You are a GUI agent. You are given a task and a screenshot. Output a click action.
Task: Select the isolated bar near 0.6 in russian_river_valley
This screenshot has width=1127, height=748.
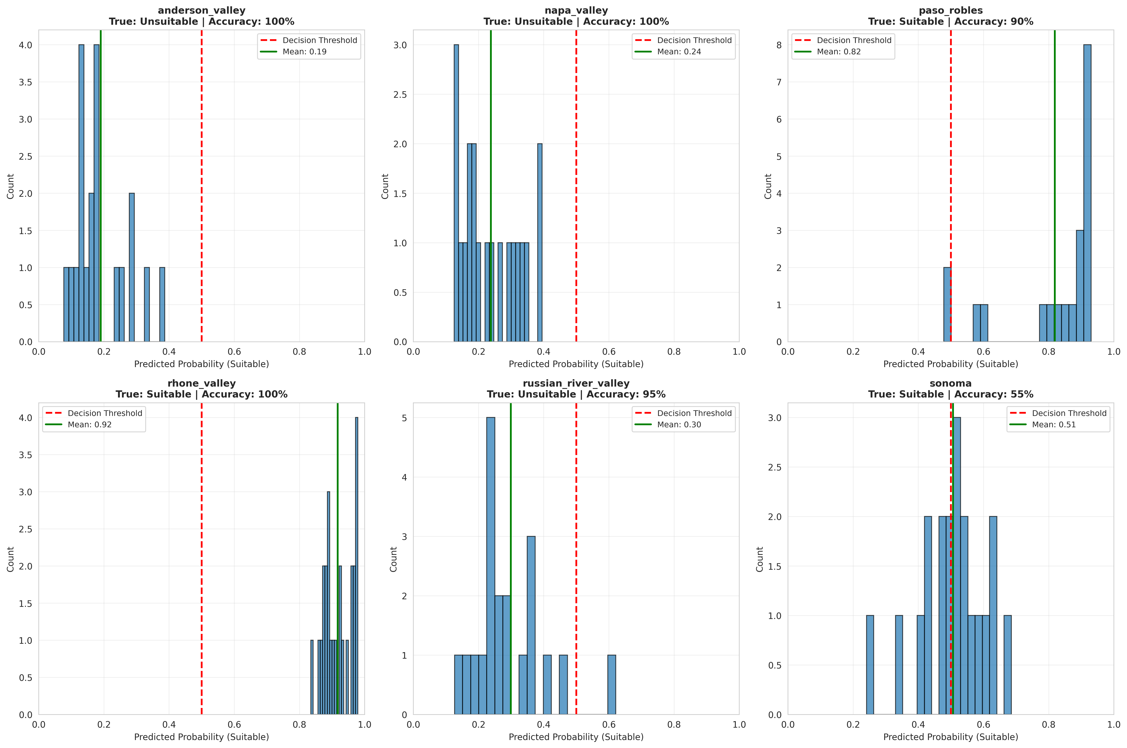click(x=612, y=685)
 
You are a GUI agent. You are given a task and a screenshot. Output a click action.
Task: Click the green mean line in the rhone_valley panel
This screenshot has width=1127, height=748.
click(x=337, y=525)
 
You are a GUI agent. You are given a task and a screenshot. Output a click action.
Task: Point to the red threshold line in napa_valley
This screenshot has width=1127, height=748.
click(x=576, y=191)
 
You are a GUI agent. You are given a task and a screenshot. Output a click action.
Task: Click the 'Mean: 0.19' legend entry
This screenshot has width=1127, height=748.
click(x=305, y=52)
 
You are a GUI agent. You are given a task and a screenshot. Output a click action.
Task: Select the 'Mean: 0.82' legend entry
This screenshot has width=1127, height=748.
click(x=839, y=52)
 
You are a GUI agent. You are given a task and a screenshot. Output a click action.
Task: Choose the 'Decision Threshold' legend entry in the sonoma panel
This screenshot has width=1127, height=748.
click(x=1069, y=413)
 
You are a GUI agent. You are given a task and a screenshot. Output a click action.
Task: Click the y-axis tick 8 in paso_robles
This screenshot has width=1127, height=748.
click(x=779, y=45)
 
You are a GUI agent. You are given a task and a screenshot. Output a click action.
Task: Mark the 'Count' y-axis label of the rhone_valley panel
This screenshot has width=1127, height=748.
click(x=10, y=559)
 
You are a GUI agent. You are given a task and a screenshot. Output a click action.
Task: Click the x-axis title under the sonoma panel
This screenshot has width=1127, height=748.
click(x=950, y=737)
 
